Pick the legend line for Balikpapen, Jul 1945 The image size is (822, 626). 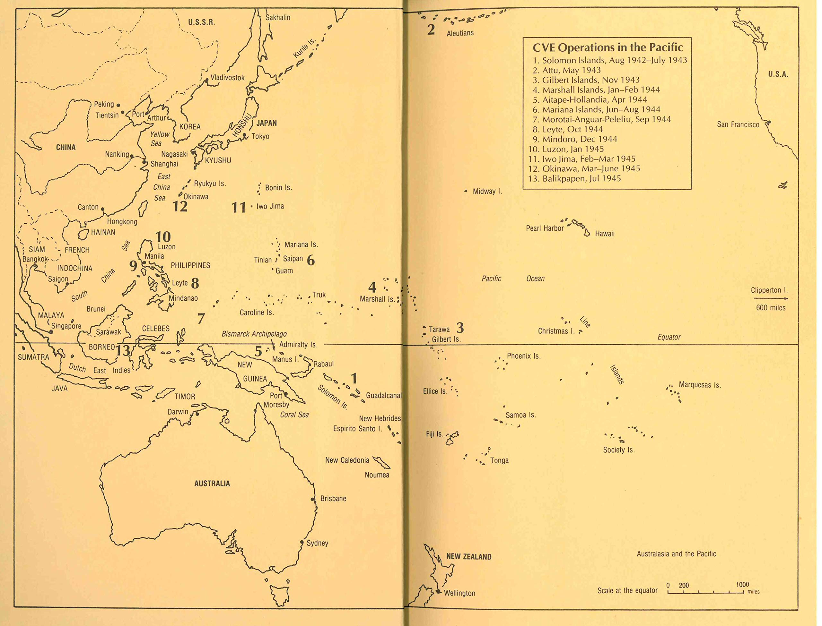pyautogui.click(x=574, y=178)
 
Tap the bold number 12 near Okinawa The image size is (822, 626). pyautogui.click(x=180, y=206)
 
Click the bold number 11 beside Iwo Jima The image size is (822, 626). pyautogui.click(x=239, y=207)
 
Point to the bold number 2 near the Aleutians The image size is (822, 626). pyautogui.click(x=431, y=30)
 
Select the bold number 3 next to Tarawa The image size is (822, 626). pyautogui.click(x=460, y=328)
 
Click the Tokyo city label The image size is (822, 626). pyautogui.click(x=260, y=136)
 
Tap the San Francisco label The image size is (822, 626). pyautogui.click(x=738, y=124)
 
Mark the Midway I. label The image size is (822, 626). pyautogui.click(x=487, y=192)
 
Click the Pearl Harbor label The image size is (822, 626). pyautogui.click(x=545, y=228)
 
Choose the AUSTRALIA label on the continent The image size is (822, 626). pyautogui.click(x=212, y=484)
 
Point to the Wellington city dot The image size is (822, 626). pyautogui.click(x=439, y=592)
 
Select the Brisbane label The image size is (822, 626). pyautogui.click(x=333, y=499)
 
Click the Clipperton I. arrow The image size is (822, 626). pyautogui.click(x=771, y=298)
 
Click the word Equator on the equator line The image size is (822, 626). pyautogui.click(x=669, y=337)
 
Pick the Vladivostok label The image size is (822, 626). pyautogui.click(x=227, y=78)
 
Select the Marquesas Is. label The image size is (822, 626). pyautogui.click(x=700, y=385)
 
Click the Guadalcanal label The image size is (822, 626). pyautogui.click(x=384, y=395)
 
